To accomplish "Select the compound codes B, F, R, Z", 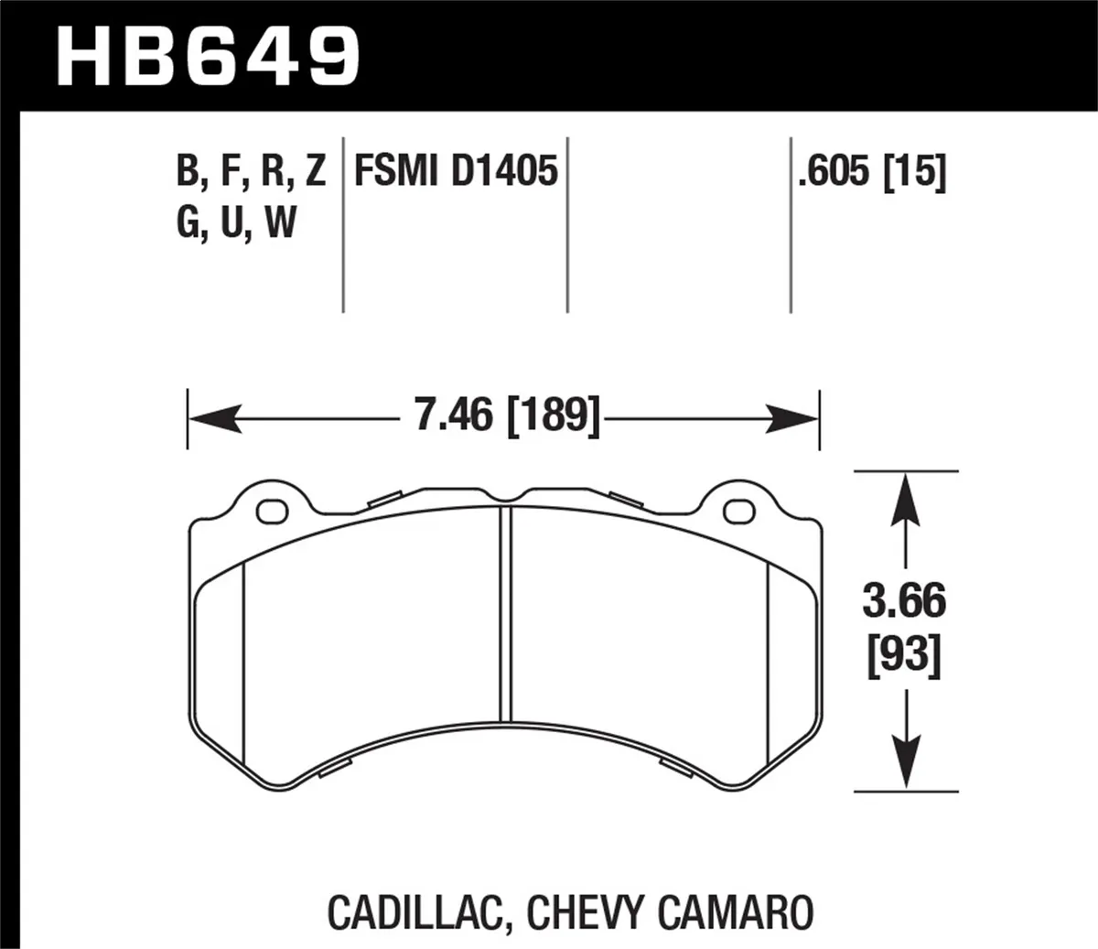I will point(251,171).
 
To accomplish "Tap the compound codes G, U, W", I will point(236,222).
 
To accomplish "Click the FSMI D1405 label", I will point(455,171).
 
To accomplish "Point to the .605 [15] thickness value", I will point(870,171).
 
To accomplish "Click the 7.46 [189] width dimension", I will point(507,417).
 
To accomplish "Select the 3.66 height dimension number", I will point(904,601).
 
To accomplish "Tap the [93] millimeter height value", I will point(904,655).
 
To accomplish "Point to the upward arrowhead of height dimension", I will point(905,495).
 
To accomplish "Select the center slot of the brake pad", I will point(505,613).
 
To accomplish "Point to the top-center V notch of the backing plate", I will point(505,498).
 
